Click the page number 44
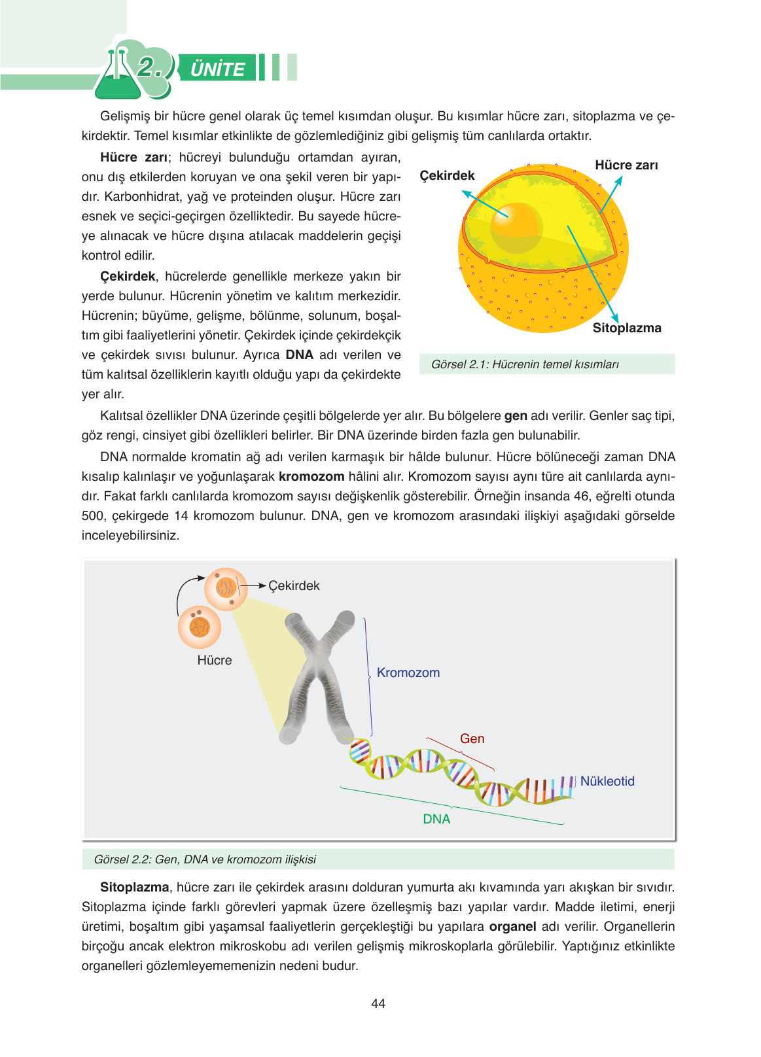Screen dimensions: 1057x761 coord(378,1003)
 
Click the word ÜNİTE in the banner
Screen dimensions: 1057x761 coord(217,69)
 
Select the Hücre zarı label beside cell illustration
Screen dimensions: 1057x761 coord(626,165)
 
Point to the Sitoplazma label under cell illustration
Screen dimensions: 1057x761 coord(626,328)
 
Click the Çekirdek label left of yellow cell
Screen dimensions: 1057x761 coord(447,175)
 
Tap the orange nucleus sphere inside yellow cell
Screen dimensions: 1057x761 coord(516,226)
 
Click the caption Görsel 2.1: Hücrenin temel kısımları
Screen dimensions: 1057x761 coord(524,364)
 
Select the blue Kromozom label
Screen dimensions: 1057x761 coord(408,672)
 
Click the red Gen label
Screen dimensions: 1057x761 coord(472,738)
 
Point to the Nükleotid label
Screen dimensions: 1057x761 coord(607,781)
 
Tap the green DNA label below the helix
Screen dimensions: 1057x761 coord(436,819)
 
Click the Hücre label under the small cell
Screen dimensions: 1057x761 coord(215,660)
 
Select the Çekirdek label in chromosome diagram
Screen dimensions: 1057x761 coord(294,585)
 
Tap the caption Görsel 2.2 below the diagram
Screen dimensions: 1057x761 coord(205,859)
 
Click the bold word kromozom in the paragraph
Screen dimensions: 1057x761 coord(311,476)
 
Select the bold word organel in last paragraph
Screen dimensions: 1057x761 coord(512,926)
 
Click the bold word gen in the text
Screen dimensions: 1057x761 coord(516,415)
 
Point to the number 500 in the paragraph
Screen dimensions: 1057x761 coord(93,515)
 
